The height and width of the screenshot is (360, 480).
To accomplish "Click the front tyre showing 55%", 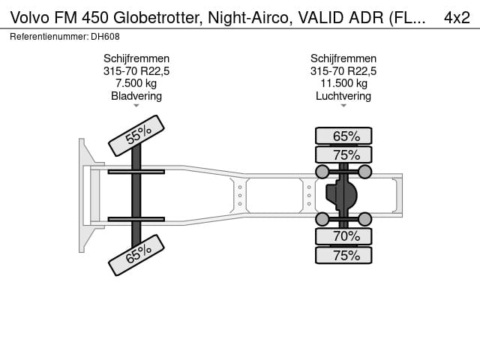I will coord(136,136).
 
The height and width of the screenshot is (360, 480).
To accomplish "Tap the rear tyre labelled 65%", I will coord(343,136).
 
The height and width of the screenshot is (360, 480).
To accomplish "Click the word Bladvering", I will coord(136,96).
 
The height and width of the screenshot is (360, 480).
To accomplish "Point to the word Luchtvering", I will coord(343,96).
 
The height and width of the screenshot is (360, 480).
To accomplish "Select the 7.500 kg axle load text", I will coord(136,83).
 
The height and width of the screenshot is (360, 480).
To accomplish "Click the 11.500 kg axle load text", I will coord(343,83).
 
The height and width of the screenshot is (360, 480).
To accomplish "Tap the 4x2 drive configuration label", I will coord(457,16).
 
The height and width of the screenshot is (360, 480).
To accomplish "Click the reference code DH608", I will coord(106,36).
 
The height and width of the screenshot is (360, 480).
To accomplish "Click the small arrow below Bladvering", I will coord(136,106).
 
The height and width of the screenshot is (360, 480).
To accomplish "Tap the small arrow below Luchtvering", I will coord(343,106).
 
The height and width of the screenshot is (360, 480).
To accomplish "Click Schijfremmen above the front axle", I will coord(136,58).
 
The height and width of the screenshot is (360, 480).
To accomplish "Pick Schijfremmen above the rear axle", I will coord(343,58).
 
